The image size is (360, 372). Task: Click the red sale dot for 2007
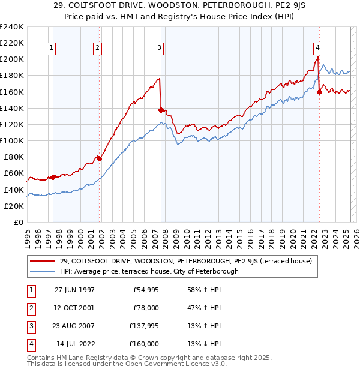pyautogui.click(x=161, y=110)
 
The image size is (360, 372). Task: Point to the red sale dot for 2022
pyautogui.click(x=319, y=92)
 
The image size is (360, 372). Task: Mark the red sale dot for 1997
pyautogui.click(x=53, y=177)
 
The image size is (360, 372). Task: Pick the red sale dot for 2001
pyautogui.click(x=99, y=158)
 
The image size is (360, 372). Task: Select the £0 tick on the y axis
pyautogui.click(x=18, y=222)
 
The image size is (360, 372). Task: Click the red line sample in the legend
pyautogui.click(x=43, y=261)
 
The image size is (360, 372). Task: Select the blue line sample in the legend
pyautogui.click(x=43, y=271)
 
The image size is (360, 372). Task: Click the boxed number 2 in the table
pyautogui.click(x=29, y=307)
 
